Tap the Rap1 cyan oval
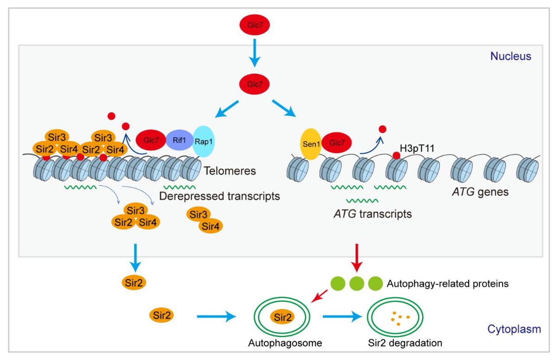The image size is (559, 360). coord(204,141)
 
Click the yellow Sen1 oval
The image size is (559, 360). coord(314,144)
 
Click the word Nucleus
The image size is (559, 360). coord(511,57)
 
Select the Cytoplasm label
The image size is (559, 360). coord(514,329)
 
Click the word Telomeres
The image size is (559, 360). coord(230,171)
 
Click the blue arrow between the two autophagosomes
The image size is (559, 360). coord(342,317)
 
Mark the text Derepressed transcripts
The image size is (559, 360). coord(219,196)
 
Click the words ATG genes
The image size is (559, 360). coord(481,191)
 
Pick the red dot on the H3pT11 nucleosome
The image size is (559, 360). coord(396,155)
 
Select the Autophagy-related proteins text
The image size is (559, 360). coord(447,284)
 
